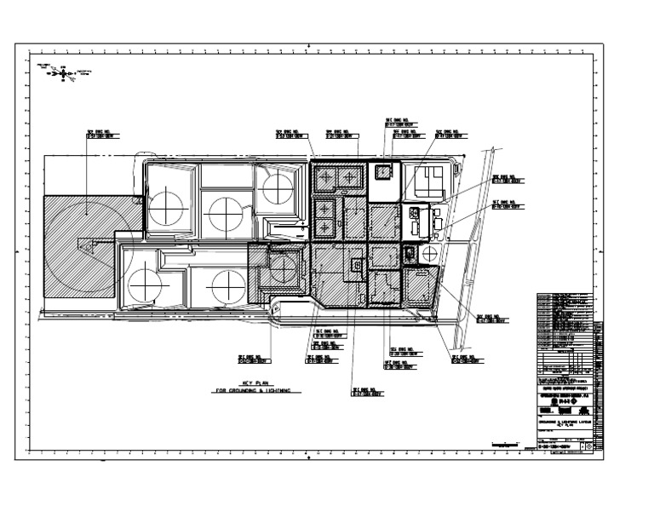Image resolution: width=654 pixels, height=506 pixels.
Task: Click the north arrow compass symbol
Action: tap(63, 73)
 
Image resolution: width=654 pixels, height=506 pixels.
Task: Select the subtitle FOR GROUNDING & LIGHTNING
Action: tap(254, 391)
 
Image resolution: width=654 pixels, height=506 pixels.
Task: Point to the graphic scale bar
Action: tap(508, 441)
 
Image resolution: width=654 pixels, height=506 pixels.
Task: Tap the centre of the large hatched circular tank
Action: tap(85, 244)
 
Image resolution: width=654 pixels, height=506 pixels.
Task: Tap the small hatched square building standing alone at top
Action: tap(385, 172)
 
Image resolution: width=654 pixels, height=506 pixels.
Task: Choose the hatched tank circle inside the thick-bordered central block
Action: tap(282, 268)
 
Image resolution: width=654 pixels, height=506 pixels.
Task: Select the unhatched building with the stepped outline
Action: tap(426, 180)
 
